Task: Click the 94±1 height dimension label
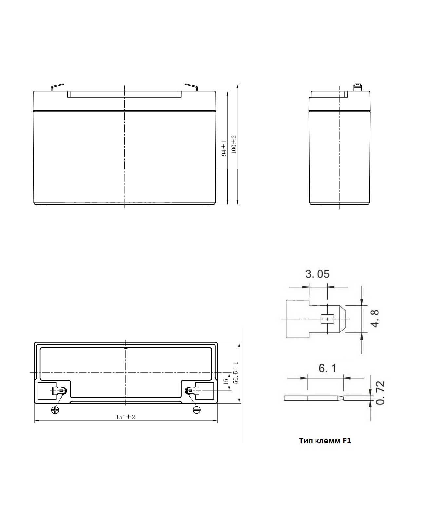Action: coord(224,148)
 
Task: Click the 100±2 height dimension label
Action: coord(234,144)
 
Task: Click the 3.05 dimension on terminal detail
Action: coord(317,274)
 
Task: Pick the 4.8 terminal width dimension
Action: coord(375,318)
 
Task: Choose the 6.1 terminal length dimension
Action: coord(327,368)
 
